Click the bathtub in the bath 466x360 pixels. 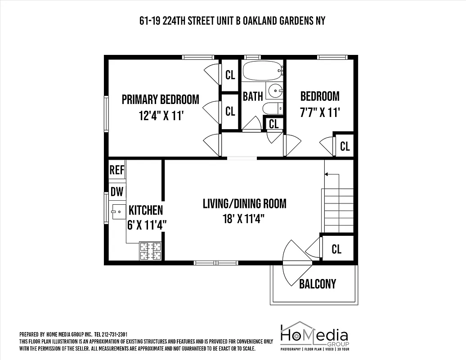coord(262,70)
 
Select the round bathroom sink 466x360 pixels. coord(274,91)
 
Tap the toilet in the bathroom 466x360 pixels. coord(272,108)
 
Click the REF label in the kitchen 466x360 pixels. coord(117,170)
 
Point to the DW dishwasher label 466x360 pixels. coord(117,192)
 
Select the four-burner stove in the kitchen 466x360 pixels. coord(151,251)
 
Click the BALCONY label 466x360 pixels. coord(318,284)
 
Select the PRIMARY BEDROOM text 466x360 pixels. coord(160,99)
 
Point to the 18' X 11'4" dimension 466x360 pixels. coord(243,219)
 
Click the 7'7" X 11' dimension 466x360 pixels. coord(320,112)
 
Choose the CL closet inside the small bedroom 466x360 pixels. coord(345,146)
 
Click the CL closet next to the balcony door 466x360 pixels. coord(336,249)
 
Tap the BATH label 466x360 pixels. coord(253,96)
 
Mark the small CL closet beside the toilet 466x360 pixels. coord(274,123)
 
